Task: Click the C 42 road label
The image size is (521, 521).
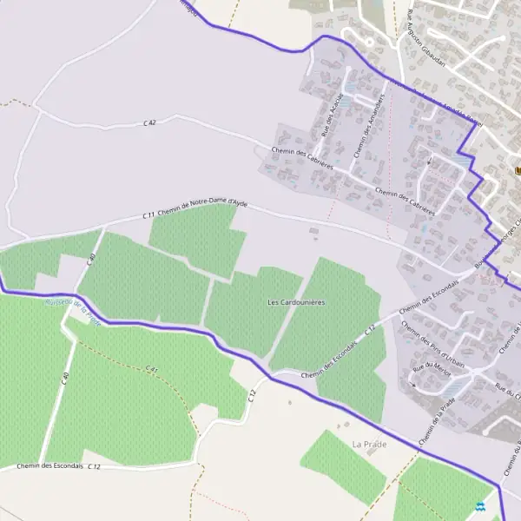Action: (149, 124)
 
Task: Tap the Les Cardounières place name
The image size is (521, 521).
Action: (296, 302)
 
